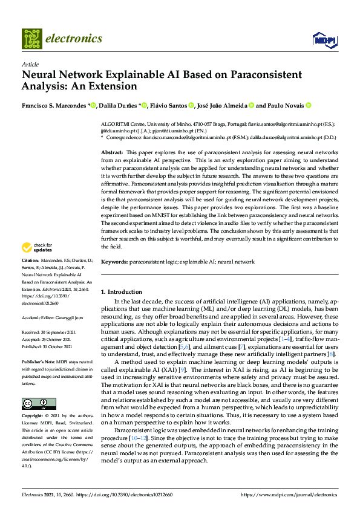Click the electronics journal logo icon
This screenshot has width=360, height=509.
click(x=32, y=38)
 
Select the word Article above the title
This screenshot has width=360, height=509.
click(x=30, y=64)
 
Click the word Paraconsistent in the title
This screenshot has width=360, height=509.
click(x=244, y=75)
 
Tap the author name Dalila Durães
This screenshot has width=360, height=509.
click(x=119, y=105)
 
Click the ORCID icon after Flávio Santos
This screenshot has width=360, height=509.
click(x=191, y=105)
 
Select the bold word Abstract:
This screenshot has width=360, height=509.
click(x=112, y=152)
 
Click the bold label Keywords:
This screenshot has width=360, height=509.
click(x=114, y=262)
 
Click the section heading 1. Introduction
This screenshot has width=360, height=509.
click(x=121, y=291)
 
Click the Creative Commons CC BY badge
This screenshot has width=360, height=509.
click(x=39, y=403)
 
